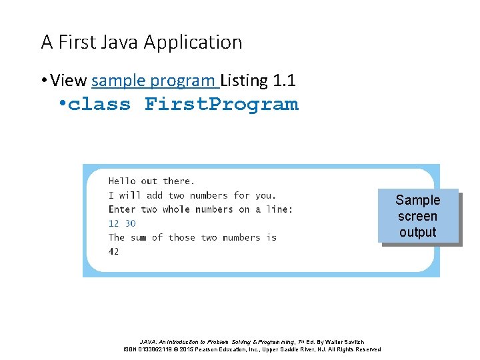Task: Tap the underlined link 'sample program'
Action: [154, 81]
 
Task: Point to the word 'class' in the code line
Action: [99, 105]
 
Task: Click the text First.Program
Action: [221, 105]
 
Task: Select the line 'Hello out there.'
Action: [151, 181]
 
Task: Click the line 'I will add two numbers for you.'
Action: [192, 195]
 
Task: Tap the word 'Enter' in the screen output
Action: [122, 209]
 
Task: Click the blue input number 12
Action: [113, 223]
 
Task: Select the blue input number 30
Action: [130, 223]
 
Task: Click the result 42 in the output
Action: [113, 251]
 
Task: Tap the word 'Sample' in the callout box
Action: [418, 200]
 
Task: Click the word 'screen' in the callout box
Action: [418, 216]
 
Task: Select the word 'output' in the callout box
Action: [418, 232]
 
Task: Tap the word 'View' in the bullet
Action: [68, 81]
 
